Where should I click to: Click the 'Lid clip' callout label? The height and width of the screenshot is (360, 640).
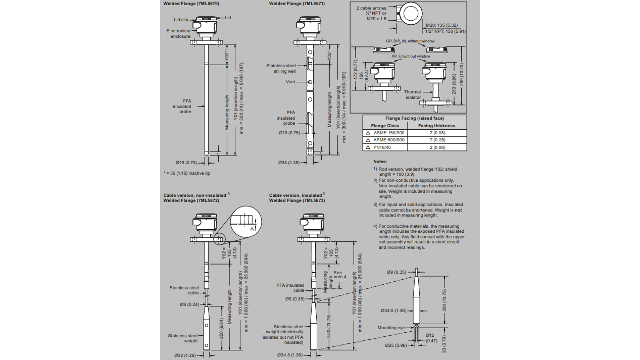177,20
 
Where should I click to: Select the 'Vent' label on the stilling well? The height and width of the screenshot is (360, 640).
290,82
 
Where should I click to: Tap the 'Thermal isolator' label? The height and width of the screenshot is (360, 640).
413,94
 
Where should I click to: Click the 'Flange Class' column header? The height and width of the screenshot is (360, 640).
385,126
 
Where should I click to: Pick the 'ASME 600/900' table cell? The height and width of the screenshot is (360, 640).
388,140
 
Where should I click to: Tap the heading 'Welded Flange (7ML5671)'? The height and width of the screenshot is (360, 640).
297,4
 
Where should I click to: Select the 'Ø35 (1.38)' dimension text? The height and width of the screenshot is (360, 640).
289,163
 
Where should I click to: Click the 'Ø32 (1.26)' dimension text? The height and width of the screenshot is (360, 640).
185,355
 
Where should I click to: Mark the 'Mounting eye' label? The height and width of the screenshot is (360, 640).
390,328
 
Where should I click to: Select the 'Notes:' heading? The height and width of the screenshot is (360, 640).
380,162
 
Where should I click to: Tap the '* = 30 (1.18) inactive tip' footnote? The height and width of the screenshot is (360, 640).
186,173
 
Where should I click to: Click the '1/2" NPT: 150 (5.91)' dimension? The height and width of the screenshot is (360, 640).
445,31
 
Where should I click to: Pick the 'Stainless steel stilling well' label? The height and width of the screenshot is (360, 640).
281,68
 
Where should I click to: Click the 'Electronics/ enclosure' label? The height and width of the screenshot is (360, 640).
179,33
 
